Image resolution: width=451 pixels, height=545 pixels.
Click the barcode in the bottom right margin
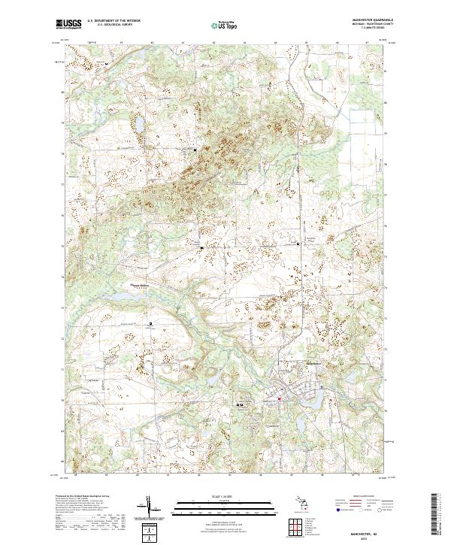pyautogui.click(x=435, y=514)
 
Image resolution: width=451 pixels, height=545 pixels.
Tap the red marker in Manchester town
pyautogui.click(x=278, y=398)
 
